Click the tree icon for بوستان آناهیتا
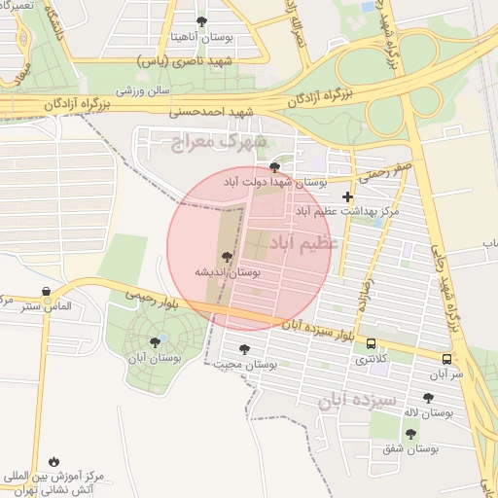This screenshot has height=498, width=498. [201, 21]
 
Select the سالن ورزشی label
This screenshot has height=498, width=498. [144, 90]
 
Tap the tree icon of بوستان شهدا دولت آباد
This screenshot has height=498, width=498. [285, 166]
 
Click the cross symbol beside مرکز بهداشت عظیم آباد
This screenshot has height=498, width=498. [347, 197]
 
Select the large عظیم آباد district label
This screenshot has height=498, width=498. [303, 241]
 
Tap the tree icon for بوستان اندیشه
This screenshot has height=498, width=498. [227, 258]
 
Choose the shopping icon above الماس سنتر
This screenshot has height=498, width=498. [47, 291]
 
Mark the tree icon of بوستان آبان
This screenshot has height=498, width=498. [155, 341]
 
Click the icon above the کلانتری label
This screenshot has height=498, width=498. [370, 343]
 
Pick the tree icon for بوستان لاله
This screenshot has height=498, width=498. [429, 398]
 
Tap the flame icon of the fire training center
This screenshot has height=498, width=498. [53, 461]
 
